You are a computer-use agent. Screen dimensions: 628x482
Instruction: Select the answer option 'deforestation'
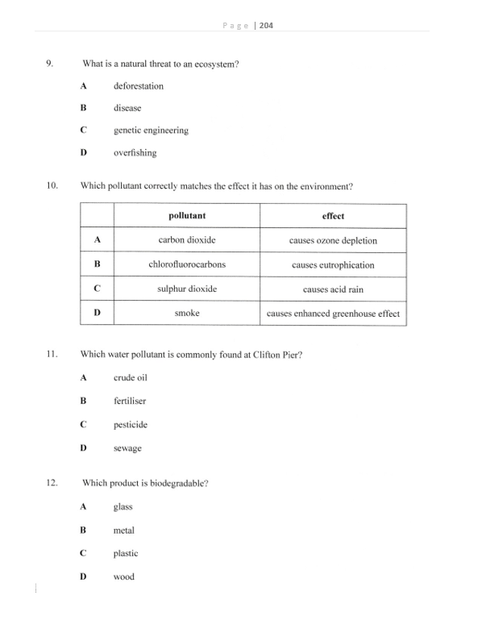tap(139, 86)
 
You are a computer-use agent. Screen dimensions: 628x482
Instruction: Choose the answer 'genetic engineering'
tap(151, 131)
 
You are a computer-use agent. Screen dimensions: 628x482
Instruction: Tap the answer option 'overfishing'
tap(135, 152)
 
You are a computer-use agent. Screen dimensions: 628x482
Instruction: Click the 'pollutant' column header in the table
tap(187, 216)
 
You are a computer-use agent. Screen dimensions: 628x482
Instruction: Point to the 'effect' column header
tap(332, 216)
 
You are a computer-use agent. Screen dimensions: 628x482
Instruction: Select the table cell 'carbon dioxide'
tap(187, 240)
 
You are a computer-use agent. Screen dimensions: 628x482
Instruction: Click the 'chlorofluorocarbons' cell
tap(187, 264)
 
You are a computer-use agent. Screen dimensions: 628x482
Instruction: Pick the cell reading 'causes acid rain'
tap(333, 289)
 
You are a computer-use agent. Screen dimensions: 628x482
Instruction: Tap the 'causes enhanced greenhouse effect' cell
tap(333, 314)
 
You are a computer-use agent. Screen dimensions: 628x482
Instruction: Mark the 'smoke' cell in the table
tap(187, 313)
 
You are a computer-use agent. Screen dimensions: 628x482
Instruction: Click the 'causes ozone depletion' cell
tap(333, 240)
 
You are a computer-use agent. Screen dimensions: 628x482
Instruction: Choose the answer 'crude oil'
tap(131, 377)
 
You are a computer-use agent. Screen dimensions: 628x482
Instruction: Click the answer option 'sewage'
tap(127, 448)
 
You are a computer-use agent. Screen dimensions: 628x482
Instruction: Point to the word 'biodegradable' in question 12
tap(173, 484)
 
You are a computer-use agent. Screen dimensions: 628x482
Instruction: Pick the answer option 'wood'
tap(124, 576)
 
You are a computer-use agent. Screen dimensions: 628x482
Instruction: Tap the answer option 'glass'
tap(123, 507)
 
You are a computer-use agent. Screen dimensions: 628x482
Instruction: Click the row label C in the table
tap(97, 289)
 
